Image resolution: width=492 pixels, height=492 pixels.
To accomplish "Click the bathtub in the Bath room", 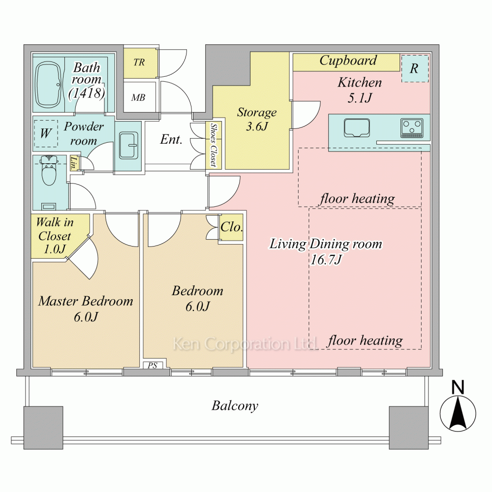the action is [49, 85].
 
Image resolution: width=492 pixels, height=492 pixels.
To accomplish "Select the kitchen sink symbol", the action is [357, 128].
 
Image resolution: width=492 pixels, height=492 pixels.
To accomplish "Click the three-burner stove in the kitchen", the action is [412, 128].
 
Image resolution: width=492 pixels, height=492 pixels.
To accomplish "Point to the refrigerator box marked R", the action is [415, 69].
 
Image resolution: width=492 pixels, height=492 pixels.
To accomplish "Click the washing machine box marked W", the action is [46, 133].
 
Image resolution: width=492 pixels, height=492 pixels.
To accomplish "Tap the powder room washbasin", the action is [128, 146].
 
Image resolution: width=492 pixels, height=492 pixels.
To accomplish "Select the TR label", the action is [139, 62].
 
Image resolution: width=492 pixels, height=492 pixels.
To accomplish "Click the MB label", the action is [138, 97].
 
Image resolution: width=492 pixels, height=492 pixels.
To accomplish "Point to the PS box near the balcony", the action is [153, 365].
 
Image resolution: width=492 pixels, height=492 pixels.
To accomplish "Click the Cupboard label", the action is [348, 61].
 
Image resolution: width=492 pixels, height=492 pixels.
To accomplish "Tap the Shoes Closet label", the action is [214, 145].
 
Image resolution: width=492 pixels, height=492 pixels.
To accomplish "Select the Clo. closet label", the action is [232, 227].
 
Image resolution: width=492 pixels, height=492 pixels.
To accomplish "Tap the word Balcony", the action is [235, 406].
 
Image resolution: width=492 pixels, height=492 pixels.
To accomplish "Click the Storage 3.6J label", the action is [257, 119].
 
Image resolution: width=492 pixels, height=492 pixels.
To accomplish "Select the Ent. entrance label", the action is [171, 139].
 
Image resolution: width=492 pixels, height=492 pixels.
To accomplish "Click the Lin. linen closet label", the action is [74, 163].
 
